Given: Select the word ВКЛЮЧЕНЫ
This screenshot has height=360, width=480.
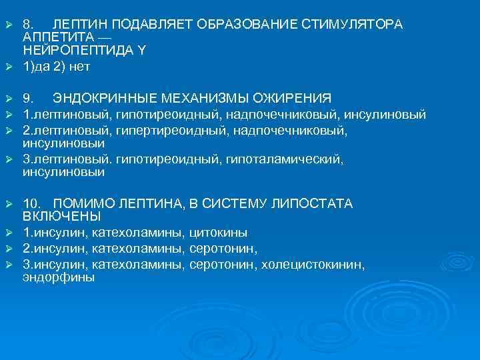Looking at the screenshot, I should [x=61, y=216].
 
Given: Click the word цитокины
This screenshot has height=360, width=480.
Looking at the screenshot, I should [x=219, y=233].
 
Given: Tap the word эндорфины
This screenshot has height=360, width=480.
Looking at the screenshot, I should [x=59, y=277].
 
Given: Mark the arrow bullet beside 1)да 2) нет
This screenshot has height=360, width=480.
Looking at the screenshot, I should [x=9, y=67].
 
